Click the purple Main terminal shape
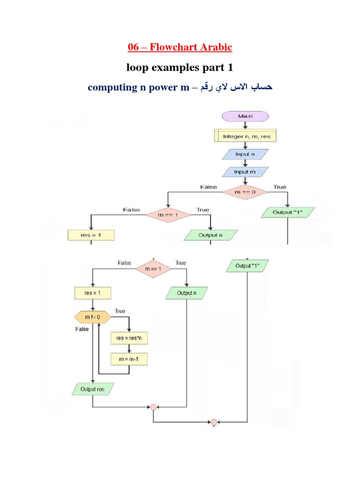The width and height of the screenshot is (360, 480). click(245, 116)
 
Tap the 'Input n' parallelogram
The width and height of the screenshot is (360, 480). click(245, 154)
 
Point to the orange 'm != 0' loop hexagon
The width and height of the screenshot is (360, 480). click(93, 318)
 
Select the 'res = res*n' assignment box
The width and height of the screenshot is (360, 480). click(129, 338)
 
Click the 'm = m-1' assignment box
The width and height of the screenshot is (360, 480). click(129, 359)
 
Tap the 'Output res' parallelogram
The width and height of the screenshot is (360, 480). click(93, 389)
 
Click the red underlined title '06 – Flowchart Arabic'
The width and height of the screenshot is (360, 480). click(180, 47)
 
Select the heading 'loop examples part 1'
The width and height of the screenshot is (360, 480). click(180, 67)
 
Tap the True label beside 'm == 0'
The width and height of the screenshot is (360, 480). click(280, 187)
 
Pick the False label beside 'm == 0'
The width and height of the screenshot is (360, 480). click(209, 187)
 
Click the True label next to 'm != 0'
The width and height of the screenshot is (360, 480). click(120, 311)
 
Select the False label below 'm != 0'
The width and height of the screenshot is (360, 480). click(82, 329)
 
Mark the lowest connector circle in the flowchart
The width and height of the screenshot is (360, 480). click(214, 422)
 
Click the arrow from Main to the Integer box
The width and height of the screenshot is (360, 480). click(245, 126)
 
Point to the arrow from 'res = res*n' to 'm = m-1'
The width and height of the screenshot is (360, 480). click(129, 348)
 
